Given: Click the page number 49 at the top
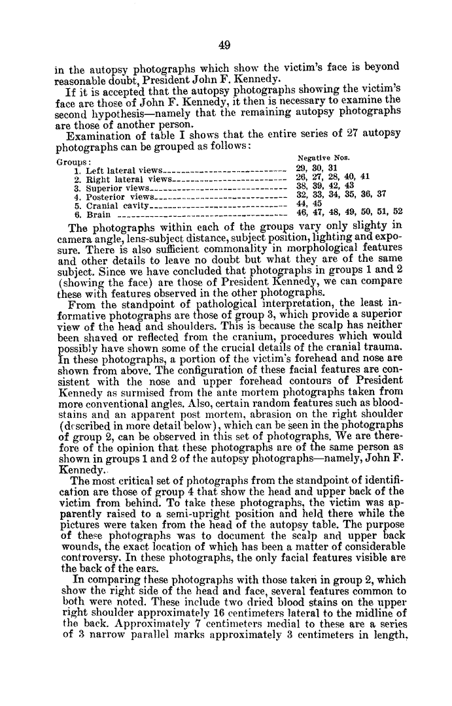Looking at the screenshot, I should [226, 44].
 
